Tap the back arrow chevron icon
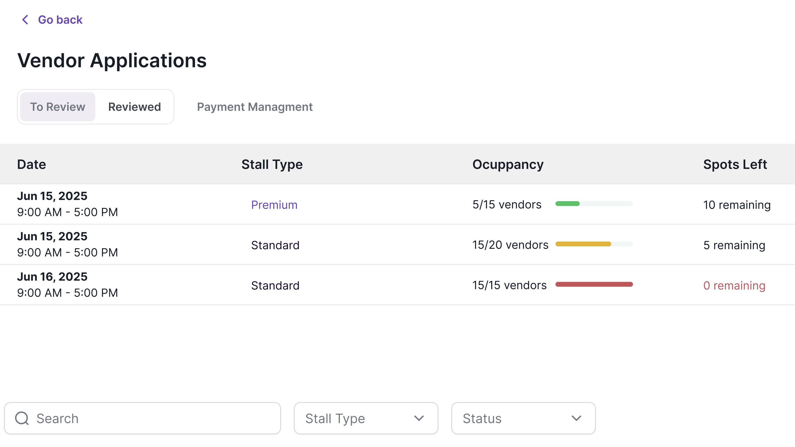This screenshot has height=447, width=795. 25,20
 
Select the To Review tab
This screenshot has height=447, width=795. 57,107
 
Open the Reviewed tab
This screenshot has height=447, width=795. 134,107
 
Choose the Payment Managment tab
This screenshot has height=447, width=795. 255,107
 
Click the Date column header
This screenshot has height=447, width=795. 31,164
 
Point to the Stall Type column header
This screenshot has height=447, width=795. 272,164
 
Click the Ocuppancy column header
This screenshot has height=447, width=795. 508,164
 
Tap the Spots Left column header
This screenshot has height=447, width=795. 735,164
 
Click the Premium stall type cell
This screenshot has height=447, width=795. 274,205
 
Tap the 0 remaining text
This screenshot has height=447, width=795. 734,286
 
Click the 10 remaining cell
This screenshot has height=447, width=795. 737,205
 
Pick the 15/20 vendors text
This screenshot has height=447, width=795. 510,245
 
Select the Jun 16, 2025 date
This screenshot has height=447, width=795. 52,277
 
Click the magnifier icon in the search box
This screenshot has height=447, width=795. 22,418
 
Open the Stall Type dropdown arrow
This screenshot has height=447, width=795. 419,418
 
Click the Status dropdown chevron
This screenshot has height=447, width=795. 576,418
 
